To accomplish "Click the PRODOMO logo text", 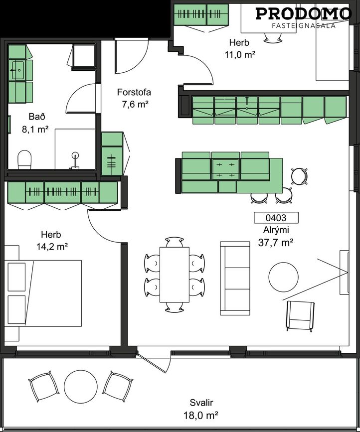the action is (x=304, y=14).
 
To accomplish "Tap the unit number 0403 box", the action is (x=276, y=218).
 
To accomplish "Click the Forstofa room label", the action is (x=134, y=92).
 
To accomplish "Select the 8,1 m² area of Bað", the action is (x=35, y=129).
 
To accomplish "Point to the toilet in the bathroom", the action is (x=24, y=159).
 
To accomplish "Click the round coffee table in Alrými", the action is (x=283, y=277).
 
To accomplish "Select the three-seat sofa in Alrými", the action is (x=235, y=278).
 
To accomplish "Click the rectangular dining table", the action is (x=175, y=275).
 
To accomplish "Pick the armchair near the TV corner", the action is (x=301, y=315).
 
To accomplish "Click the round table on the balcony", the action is (x=80, y=387).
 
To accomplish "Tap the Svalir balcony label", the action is (x=201, y=403).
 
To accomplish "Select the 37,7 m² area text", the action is (x=276, y=243).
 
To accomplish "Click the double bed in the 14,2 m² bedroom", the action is (x=43, y=293).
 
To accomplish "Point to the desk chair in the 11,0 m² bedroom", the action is (x=273, y=37).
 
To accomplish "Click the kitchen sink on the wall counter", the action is (x=247, y=103).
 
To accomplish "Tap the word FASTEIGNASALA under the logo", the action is (x=304, y=25).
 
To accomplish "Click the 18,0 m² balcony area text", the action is (x=201, y=415).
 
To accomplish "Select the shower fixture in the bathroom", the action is (x=75, y=160).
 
